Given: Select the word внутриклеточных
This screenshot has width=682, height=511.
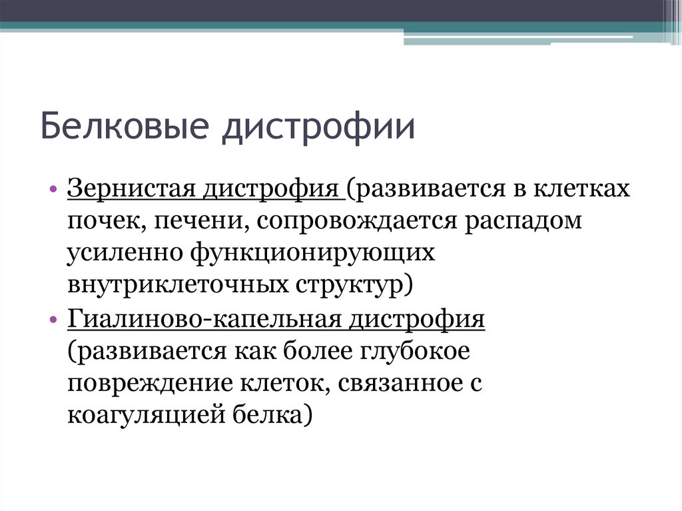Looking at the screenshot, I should pos(176,285).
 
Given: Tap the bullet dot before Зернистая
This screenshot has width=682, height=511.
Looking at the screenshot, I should pos(53,191).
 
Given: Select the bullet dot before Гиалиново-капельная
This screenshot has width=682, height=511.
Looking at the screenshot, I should pos(53,320).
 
